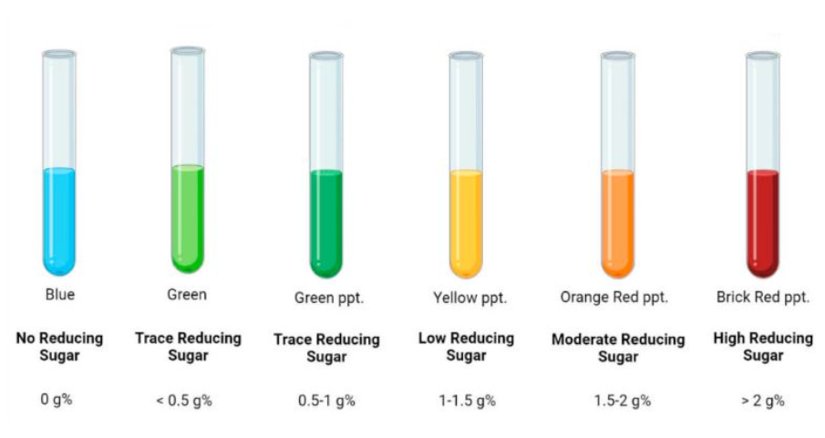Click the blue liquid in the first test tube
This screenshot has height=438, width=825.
pyautogui.click(x=59, y=221)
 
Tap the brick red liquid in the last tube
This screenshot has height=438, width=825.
pyautogui.click(x=763, y=224)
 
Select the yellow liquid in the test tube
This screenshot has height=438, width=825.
pyautogui.click(x=466, y=224)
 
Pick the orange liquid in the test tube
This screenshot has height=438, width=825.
pyautogui.click(x=618, y=224)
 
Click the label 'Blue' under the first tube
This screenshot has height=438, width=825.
pyautogui.click(x=60, y=294)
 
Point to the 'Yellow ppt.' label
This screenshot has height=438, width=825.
pyautogui.click(x=469, y=298)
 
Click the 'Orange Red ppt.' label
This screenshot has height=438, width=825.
pyautogui.click(x=614, y=297)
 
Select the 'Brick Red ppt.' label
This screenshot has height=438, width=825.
pyautogui.click(x=763, y=297)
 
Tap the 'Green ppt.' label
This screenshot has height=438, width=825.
pyautogui.click(x=329, y=298)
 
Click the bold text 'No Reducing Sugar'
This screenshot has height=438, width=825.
pyautogui.click(x=59, y=347)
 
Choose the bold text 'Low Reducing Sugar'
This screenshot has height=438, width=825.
pyautogui.click(x=466, y=347)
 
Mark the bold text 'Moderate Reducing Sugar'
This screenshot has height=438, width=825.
pyautogui.click(x=618, y=348)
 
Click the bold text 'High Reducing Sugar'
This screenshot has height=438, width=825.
pyautogui.click(x=763, y=347)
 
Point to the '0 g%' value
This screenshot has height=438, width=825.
pyautogui.click(x=57, y=400)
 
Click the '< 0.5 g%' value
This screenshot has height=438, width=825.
pyautogui.click(x=184, y=401)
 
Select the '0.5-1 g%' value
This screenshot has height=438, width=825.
pyautogui.click(x=326, y=401)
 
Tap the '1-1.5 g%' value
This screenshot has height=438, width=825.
pyautogui.click(x=468, y=401)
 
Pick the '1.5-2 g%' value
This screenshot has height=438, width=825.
pyautogui.click(x=623, y=401)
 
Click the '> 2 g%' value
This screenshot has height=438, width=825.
pyautogui.click(x=763, y=401)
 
